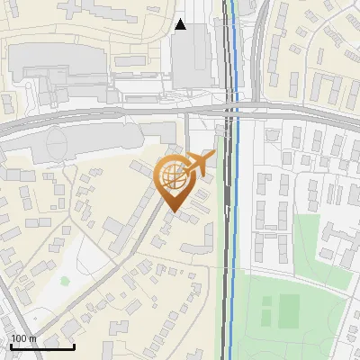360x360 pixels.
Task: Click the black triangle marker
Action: [x=181, y=24]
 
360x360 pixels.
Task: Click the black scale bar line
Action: [x=42, y=346]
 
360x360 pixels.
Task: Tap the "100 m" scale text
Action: [x=23, y=338]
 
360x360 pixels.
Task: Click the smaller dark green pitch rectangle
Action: [x=265, y=314]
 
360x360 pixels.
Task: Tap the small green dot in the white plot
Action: [x=65, y=280]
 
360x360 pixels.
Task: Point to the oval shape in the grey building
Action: [x=56, y=141]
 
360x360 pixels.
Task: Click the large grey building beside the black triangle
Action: [x=192, y=58]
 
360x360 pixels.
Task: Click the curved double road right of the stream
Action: [x=258, y=54]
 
